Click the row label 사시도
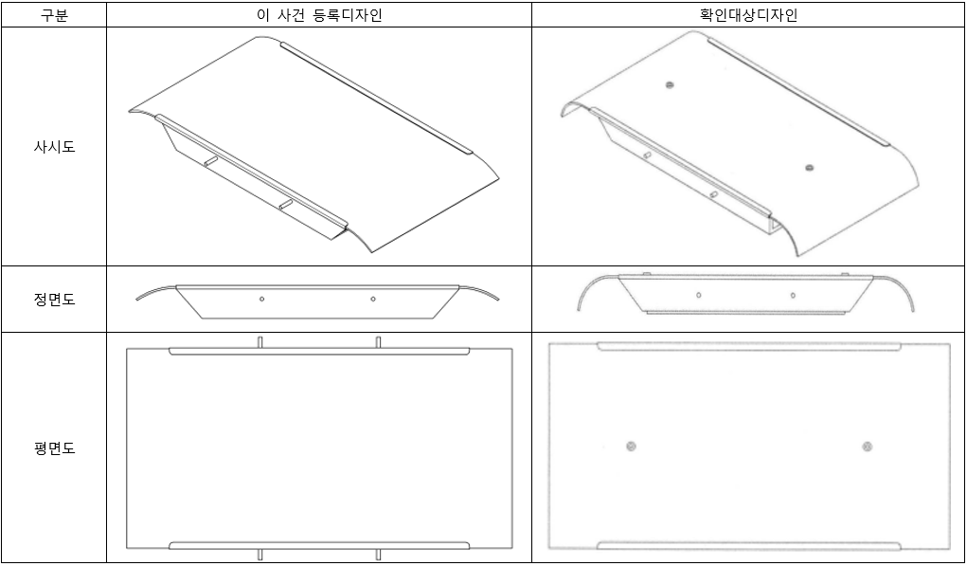tap(55, 147)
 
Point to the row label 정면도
tap(55, 300)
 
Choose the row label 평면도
tap(55, 448)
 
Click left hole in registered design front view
tap(262, 299)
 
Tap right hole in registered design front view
tap(372, 299)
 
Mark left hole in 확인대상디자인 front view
tap(699, 295)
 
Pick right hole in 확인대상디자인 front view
tap(792, 295)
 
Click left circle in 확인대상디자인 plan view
tap(631, 447)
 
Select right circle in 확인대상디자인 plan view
tap(866, 447)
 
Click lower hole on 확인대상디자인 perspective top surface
tap(809, 168)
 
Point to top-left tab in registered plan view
tap(260, 341)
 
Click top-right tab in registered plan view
tap(378, 341)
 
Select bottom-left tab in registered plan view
tap(260, 555)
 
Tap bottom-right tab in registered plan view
tap(378, 555)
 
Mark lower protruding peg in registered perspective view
tap(285, 204)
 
